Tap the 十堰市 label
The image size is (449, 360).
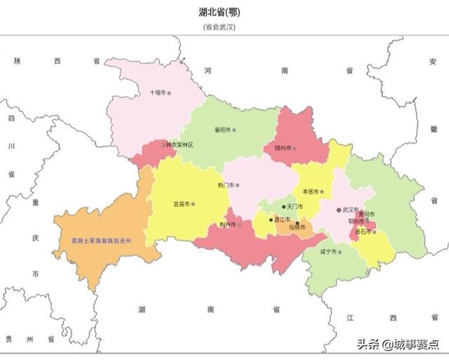pyautogui.click(x=158, y=92)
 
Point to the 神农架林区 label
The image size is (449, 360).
pyautogui.click(x=178, y=145)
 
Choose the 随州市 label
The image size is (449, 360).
pyautogui.click(x=284, y=148)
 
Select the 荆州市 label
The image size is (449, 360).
pyautogui.click(x=228, y=225)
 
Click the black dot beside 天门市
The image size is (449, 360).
pyautogui.click(x=284, y=207)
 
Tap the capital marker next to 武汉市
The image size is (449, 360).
pyautogui.click(x=338, y=209)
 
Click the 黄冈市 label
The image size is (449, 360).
pyautogui.click(x=366, y=214)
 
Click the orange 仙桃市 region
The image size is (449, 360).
pyautogui.click(x=288, y=227)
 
